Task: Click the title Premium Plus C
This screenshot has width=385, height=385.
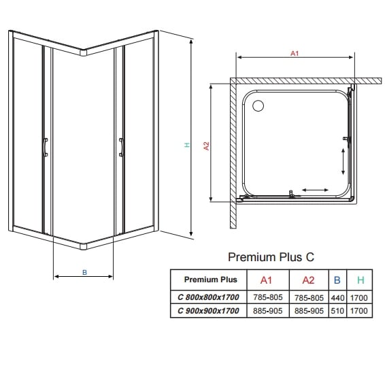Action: (x=271, y=257)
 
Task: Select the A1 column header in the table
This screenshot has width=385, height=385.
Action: (x=266, y=280)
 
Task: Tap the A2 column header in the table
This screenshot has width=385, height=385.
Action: (x=308, y=280)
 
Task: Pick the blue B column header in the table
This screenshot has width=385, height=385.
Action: (x=337, y=280)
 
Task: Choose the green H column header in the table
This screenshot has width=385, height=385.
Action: (x=360, y=280)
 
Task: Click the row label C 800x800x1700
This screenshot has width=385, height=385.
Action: (x=209, y=297)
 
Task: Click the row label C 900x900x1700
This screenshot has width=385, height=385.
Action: (x=209, y=311)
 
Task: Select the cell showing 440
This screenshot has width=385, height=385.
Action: (x=337, y=297)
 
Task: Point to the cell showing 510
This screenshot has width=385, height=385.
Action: (x=337, y=311)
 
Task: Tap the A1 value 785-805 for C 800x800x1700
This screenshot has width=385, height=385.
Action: (x=266, y=297)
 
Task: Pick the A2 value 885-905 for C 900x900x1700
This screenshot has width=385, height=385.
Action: (x=308, y=311)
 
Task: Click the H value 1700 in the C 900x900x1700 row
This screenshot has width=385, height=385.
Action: (x=360, y=311)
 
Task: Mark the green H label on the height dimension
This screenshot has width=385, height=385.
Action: (x=186, y=144)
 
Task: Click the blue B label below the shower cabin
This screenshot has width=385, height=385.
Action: (x=84, y=272)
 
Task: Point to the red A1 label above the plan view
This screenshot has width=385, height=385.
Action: (x=294, y=54)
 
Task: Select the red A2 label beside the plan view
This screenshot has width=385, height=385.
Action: (x=205, y=144)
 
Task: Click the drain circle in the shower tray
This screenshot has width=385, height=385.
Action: (x=258, y=105)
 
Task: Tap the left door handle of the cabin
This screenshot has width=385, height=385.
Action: (x=45, y=147)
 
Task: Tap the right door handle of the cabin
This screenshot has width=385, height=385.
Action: (x=121, y=148)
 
